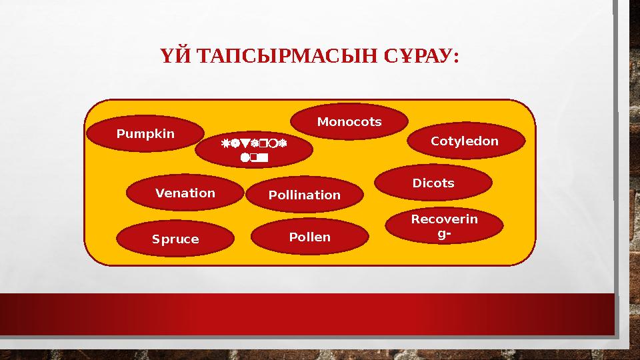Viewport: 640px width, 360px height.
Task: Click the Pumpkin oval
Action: pos(146,133)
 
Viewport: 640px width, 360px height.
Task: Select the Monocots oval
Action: pos(349,122)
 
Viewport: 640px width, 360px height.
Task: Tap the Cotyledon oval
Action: pos(465,141)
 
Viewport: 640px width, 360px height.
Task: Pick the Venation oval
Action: pos(185,193)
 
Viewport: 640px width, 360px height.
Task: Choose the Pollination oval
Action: pos(304,195)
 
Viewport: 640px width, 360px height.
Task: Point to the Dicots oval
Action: pos(433,183)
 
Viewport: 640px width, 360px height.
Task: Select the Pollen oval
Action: pos(309,237)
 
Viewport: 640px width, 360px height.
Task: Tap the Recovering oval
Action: pos(444,226)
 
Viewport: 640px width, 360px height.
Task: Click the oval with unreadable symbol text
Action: pos(254,151)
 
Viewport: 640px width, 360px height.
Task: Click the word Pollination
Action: pos(304,195)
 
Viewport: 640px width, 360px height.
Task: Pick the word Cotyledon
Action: pos(465,141)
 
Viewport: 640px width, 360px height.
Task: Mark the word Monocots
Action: pos(349,122)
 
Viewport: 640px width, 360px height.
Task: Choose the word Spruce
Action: pos(175,239)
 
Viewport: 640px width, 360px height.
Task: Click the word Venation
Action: pos(185,193)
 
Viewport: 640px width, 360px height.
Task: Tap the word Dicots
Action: pos(433,183)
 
